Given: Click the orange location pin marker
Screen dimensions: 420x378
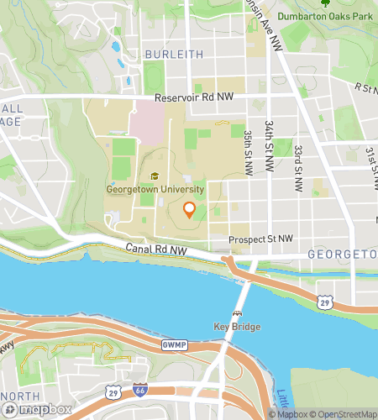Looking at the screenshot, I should (x=189, y=210).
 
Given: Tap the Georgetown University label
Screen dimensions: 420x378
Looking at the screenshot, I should (x=155, y=189).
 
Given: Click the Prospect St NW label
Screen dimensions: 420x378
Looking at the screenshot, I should (x=261, y=239).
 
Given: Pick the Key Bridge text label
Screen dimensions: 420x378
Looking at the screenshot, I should (x=237, y=326).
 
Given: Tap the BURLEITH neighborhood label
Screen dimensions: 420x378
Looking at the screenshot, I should (x=173, y=54).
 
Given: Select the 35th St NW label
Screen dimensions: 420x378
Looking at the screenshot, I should (x=248, y=152).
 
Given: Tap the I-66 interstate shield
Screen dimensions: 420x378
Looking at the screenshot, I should (x=139, y=391).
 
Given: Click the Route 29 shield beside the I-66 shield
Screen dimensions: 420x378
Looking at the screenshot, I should (x=114, y=391).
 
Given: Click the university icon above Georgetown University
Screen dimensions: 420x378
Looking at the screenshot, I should (x=154, y=176).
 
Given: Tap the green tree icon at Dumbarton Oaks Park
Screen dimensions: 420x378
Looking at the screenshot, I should (x=326, y=3).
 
